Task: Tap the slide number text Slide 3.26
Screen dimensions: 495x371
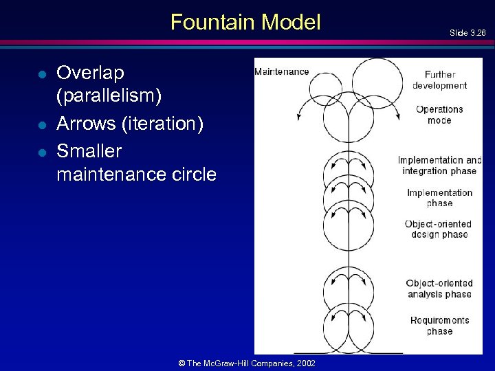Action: (467, 32)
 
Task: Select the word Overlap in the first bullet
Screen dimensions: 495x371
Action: (91, 73)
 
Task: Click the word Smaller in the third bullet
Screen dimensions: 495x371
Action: (89, 150)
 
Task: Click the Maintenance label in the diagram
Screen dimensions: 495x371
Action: (282, 71)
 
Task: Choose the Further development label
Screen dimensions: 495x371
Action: (439, 80)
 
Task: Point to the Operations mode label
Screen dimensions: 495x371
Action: (439, 114)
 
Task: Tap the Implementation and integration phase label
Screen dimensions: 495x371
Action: (440, 165)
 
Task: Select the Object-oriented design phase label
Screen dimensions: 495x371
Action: (438, 229)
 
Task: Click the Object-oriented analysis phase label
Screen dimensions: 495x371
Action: (439, 288)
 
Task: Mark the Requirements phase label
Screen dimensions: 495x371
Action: (439, 325)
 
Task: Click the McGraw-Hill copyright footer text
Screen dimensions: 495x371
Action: (247, 363)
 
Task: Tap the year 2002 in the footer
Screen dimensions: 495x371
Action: (305, 363)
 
